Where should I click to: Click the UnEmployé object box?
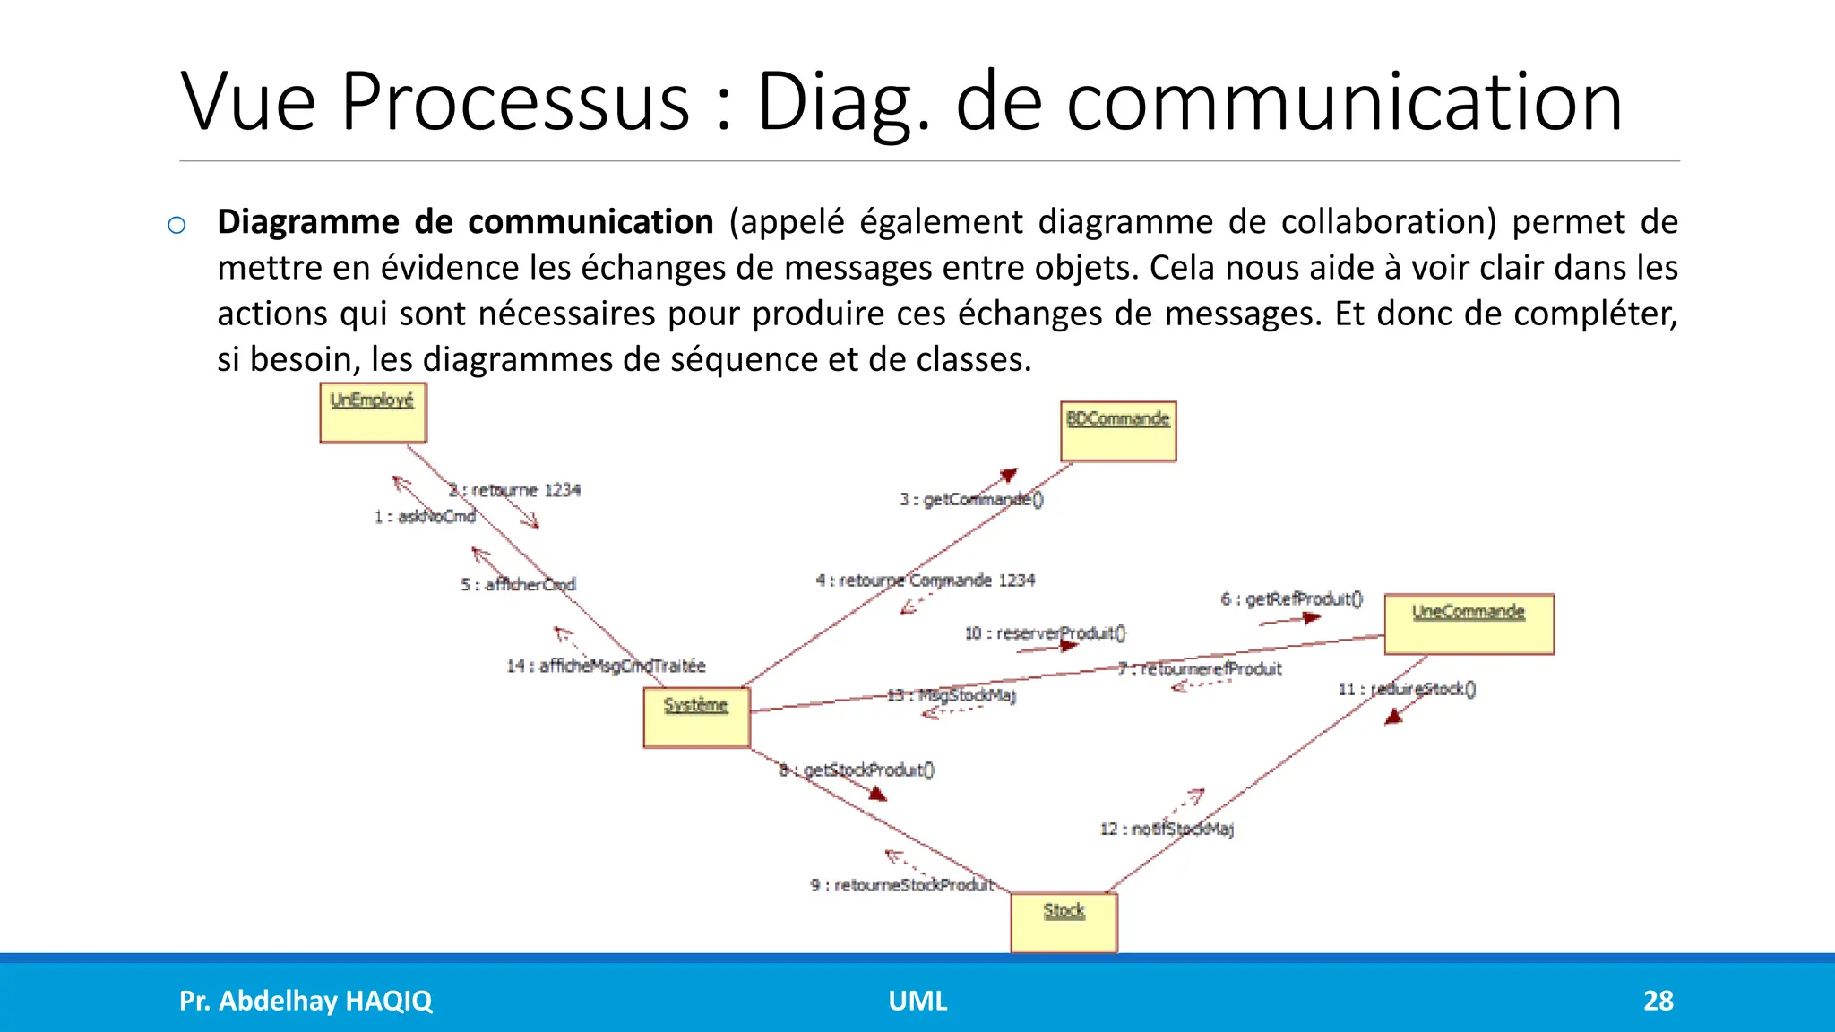[x=373, y=413]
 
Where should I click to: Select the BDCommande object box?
[x=1118, y=432]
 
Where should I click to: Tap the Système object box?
[x=696, y=718]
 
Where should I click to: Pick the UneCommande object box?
[x=1469, y=624]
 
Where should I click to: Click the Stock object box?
[x=1064, y=923]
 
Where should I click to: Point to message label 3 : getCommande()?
[x=971, y=499]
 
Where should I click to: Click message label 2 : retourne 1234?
[x=514, y=490]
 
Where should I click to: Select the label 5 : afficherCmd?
[x=518, y=584]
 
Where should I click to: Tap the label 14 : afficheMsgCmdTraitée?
[x=606, y=666]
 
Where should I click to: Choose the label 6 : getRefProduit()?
[x=1291, y=598]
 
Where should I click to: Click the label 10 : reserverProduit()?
[x=1045, y=633]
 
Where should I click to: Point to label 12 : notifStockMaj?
[x=1167, y=829]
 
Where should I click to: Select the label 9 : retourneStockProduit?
[x=902, y=885]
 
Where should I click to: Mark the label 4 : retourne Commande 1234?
[x=926, y=580]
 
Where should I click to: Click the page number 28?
[x=1658, y=1001]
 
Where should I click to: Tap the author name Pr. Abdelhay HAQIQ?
[x=306, y=1001]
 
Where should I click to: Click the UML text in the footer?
[x=917, y=1001]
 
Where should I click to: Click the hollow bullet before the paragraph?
[x=177, y=225]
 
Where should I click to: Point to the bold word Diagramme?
[x=308, y=222]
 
